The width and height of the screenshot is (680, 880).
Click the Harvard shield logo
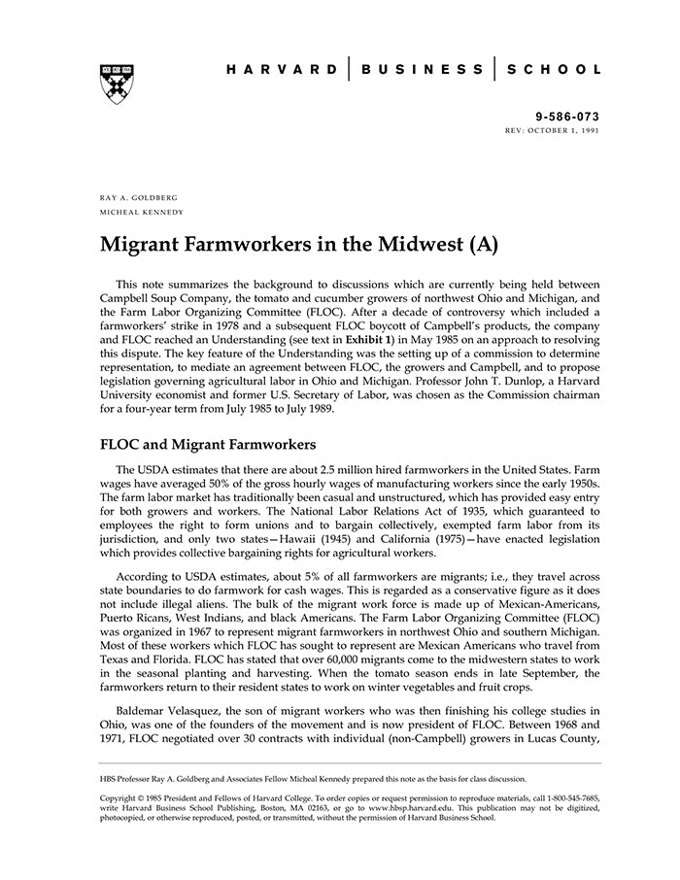pyautogui.click(x=117, y=84)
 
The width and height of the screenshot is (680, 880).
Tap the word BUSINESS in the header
pyautogui.click(x=422, y=70)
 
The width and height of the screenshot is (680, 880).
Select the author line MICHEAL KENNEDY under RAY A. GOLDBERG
pyautogui.click(x=142, y=212)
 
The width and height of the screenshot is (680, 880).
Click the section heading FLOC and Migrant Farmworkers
pyautogui.click(x=209, y=447)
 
